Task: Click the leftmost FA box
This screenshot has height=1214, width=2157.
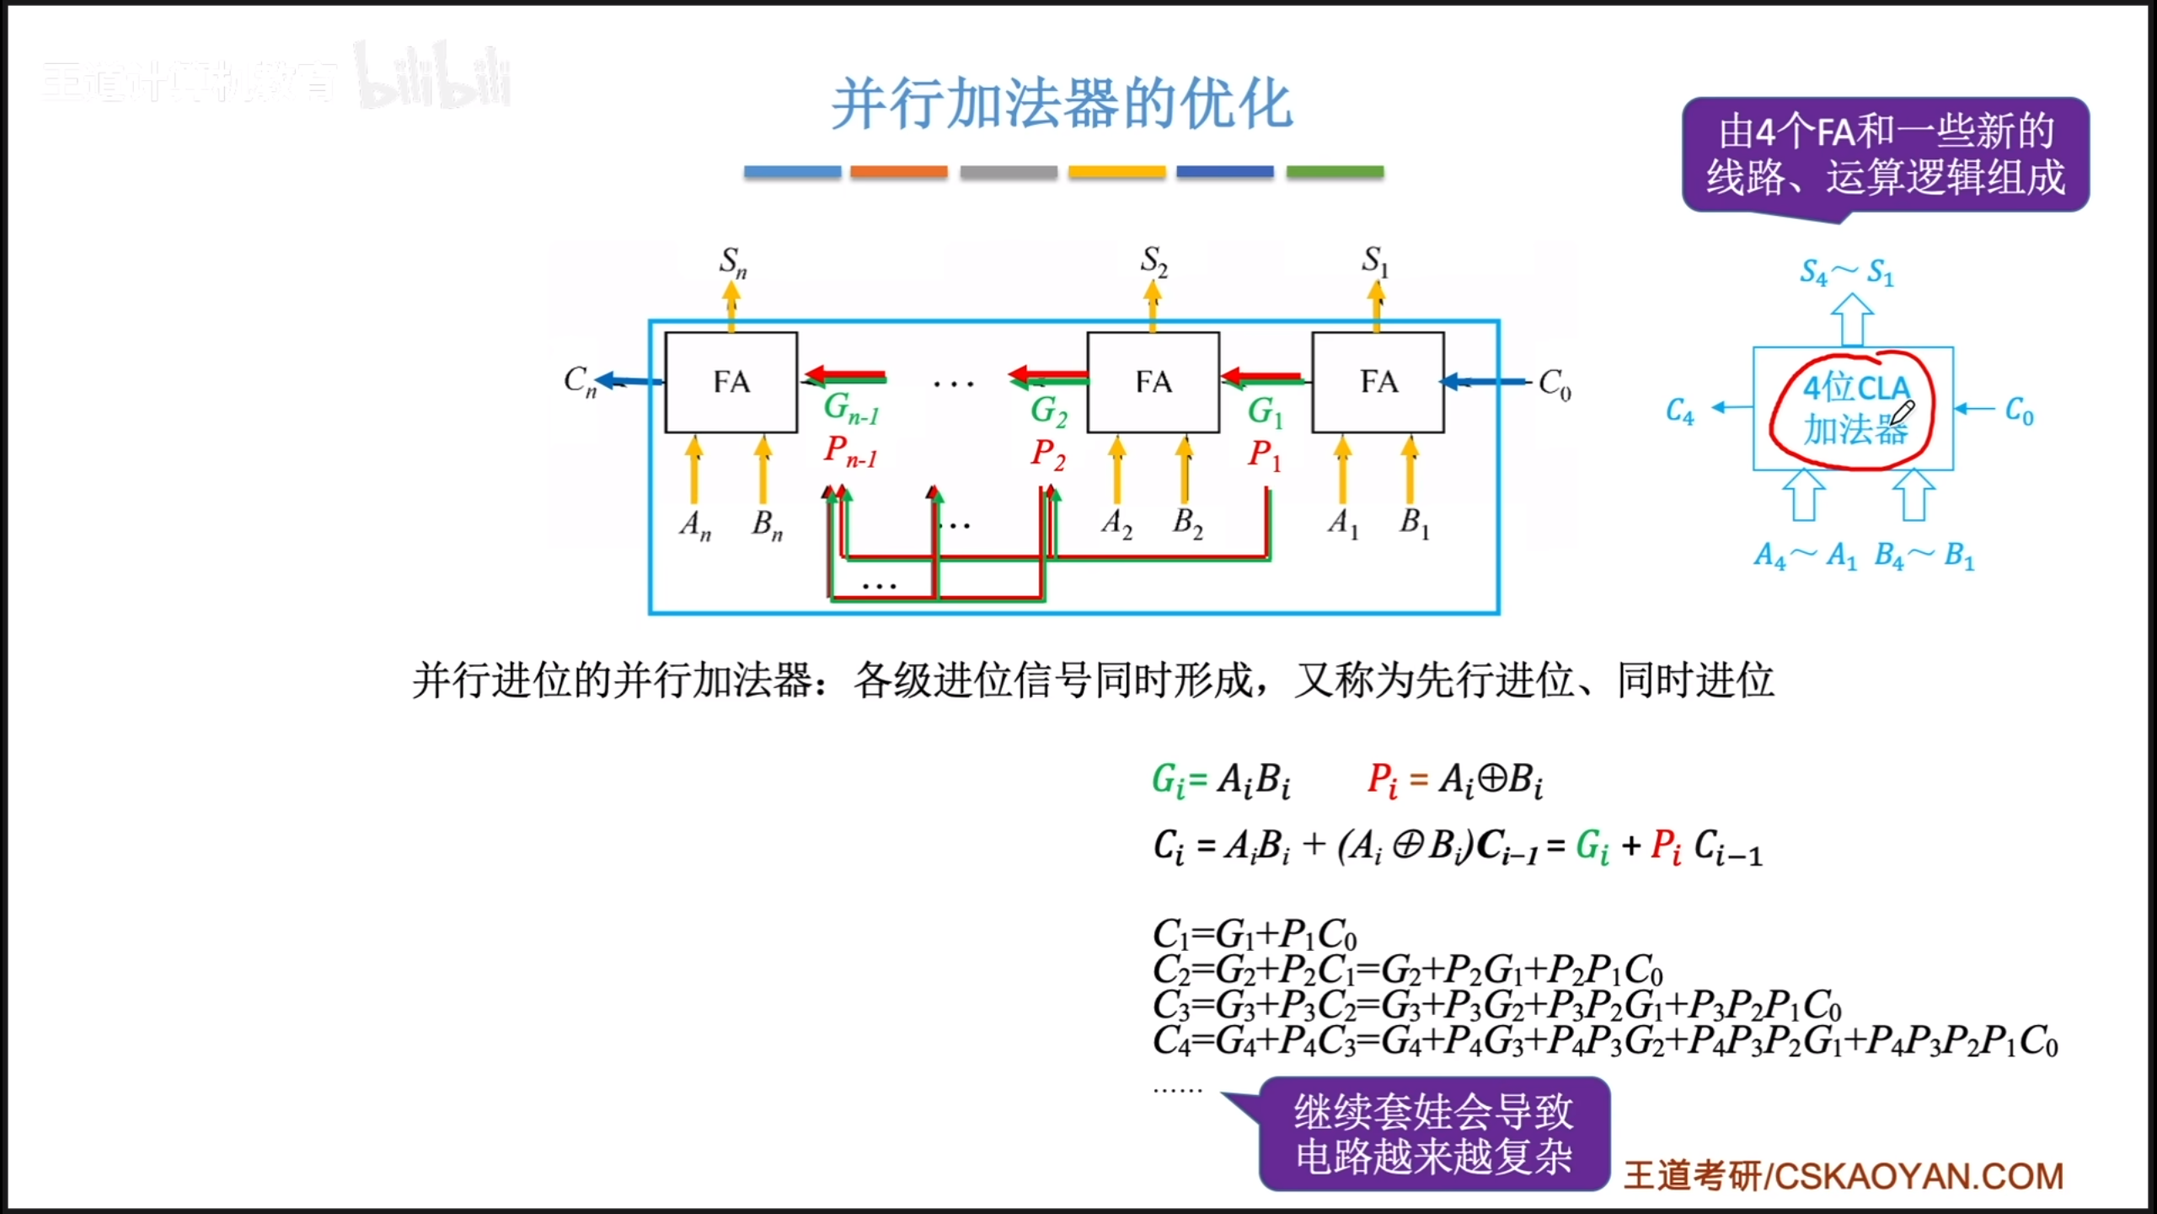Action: [x=731, y=382]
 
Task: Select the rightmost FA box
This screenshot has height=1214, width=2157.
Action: [x=1378, y=382]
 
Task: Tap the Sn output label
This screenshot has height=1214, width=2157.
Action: [x=732, y=261]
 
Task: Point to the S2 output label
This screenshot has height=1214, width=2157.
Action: [x=1153, y=261]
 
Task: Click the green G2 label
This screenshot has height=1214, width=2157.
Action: [x=1048, y=411]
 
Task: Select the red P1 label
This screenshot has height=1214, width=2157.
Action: [x=1264, y=455]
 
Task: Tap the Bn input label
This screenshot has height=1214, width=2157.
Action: [x=767, y=524]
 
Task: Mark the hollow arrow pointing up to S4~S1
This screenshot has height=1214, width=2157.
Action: [x=1852, y=319]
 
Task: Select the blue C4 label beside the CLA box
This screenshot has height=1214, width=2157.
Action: [x=1679, y=411]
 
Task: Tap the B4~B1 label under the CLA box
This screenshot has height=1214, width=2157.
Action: [x=1924, y=556]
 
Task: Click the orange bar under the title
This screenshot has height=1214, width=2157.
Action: [x=898, y=172]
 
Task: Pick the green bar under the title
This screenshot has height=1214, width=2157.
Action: [x=1335, y=172]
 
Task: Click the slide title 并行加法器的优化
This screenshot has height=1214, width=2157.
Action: [x=1062, y=104]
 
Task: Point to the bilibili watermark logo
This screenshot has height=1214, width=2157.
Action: [x=433, y=78]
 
